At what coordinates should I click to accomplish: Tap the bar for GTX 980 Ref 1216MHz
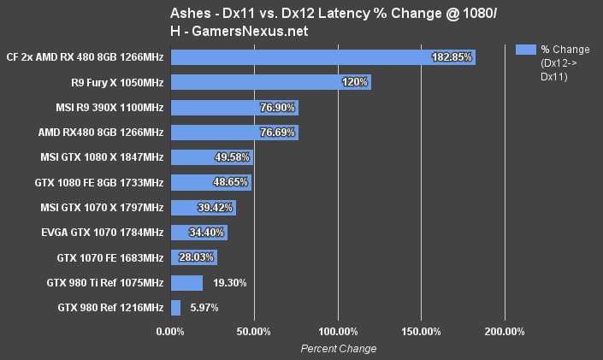tap(176, 308)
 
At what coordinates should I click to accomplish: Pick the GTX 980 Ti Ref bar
tap(187, 283)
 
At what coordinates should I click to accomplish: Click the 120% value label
tap(355, 82)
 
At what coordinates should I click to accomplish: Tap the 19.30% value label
tap(228, 283)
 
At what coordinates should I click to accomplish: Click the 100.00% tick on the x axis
tap(338, 332)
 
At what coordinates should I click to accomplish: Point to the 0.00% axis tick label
tap(171, 332)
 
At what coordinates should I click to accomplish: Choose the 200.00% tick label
tap(504, 332)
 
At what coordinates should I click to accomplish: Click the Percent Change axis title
tap(338, 348)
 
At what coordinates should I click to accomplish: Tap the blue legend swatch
tap(525, 50)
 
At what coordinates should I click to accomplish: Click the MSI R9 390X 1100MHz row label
tap(109, 108)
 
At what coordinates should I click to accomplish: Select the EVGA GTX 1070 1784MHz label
tap(102, 233)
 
